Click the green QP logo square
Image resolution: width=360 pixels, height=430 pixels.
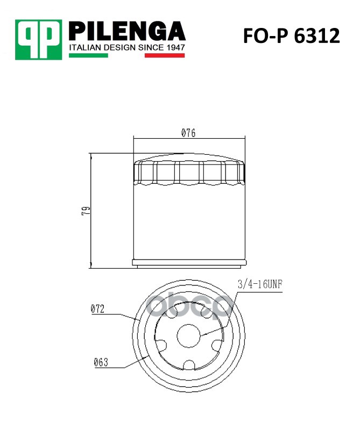(x=38, y=39)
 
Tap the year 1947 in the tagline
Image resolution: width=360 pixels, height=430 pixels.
(x=175, y=47)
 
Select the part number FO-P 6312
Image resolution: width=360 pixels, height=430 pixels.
(x=291, y=36)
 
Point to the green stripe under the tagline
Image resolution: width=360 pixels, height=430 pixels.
(x=88, y=55)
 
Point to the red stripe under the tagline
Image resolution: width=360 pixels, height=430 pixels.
(x=165, y=55)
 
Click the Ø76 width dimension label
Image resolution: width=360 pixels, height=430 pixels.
(x=188, y=133)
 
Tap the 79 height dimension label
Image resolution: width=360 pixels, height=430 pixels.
(x=86, y=211)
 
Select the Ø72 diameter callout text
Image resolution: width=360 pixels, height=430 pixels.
(x=97, y=309)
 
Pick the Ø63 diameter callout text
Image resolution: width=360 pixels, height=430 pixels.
(x=101, y=362)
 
